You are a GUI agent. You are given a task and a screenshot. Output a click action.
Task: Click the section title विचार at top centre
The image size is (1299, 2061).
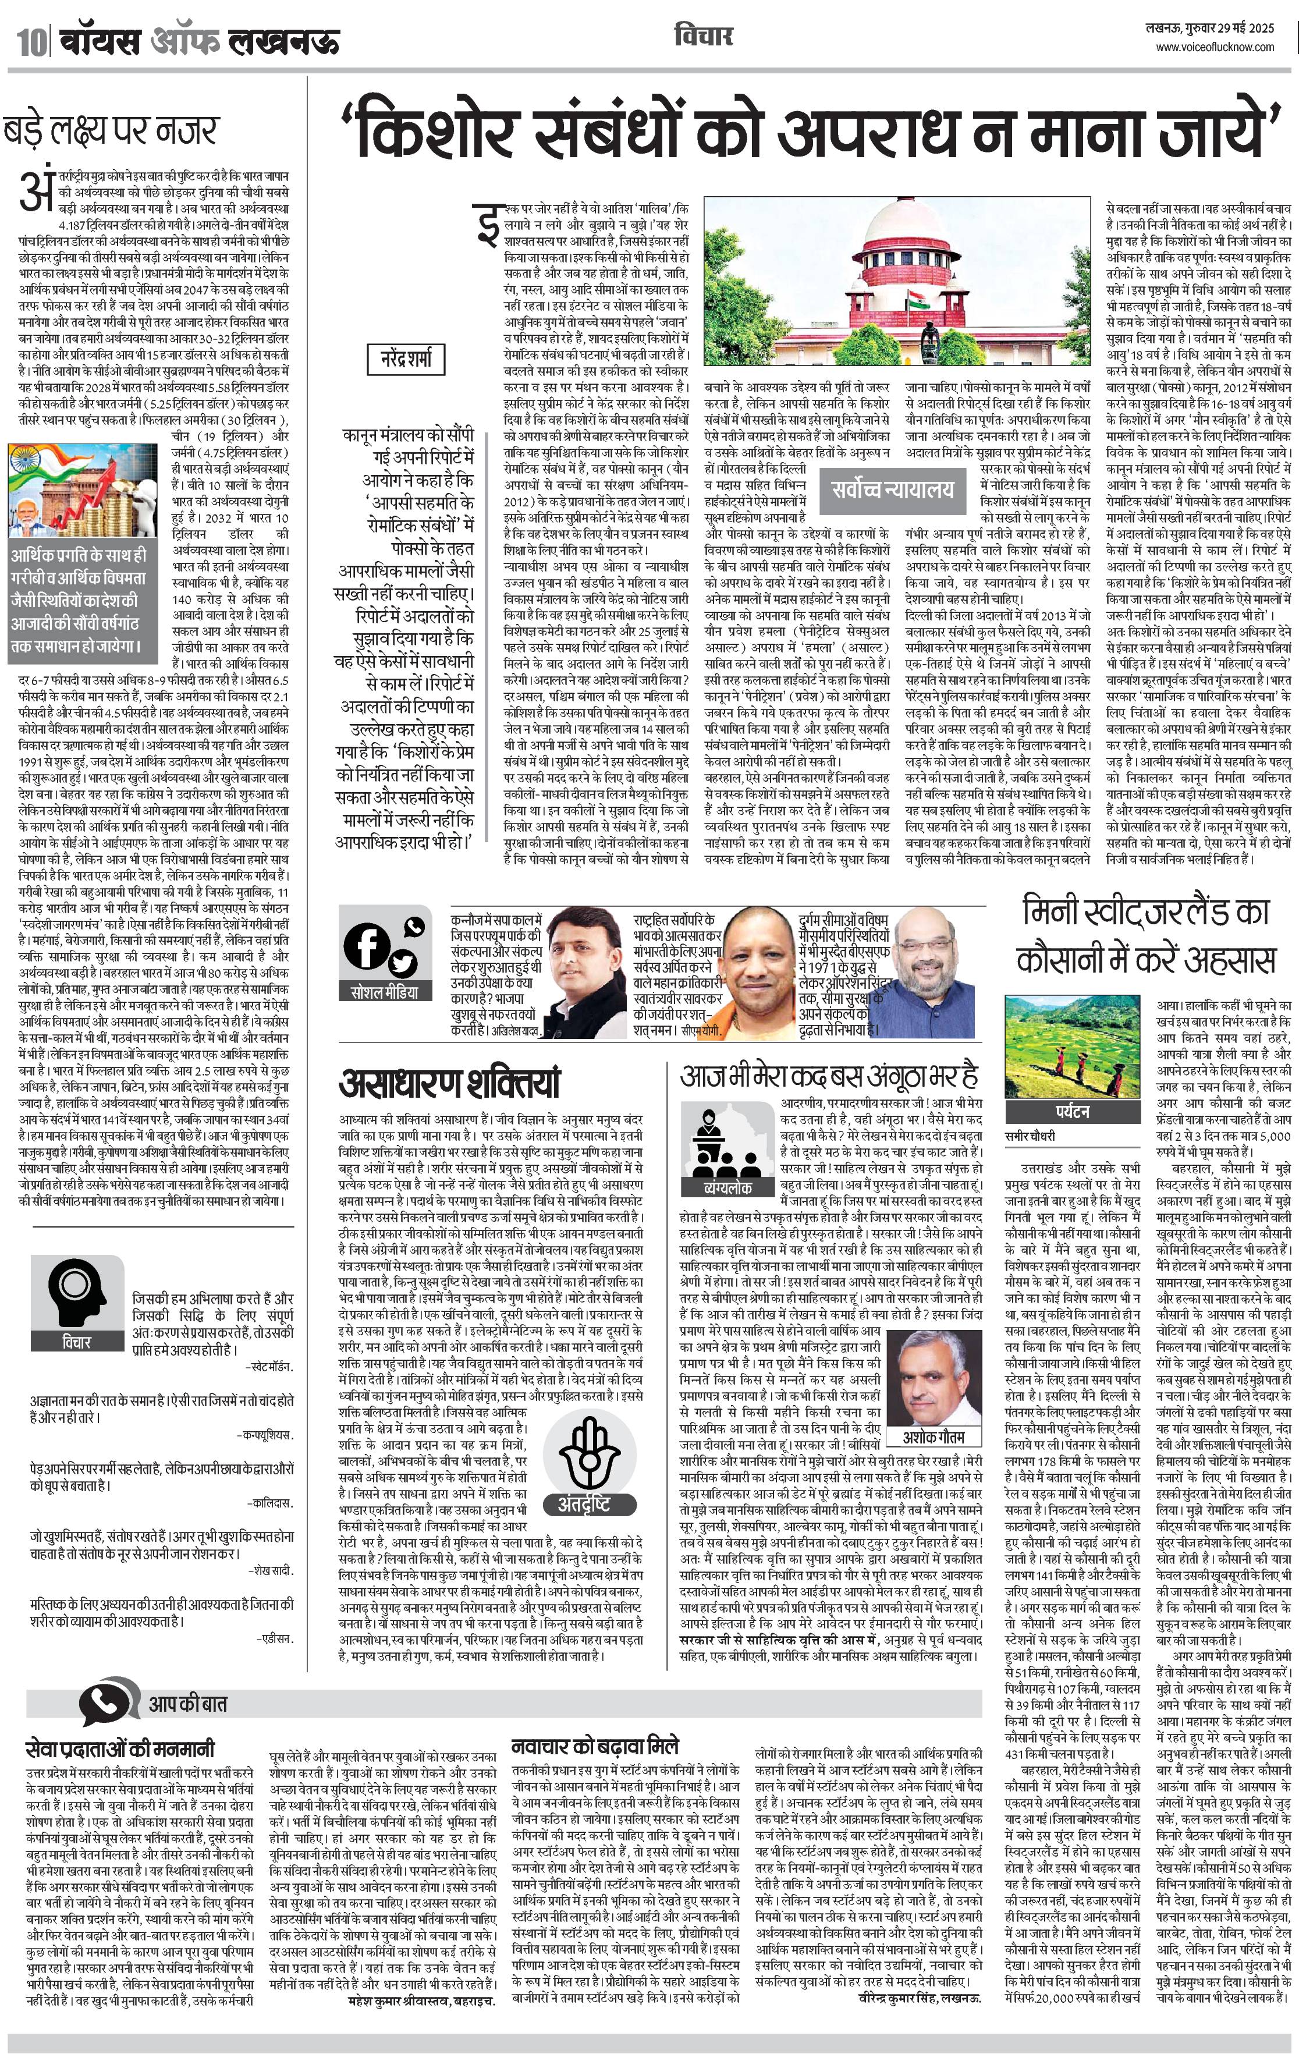702,36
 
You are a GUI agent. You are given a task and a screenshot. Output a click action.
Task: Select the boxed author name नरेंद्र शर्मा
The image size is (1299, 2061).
406,358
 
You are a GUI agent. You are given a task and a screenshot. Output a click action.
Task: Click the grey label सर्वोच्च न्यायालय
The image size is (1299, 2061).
892,489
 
